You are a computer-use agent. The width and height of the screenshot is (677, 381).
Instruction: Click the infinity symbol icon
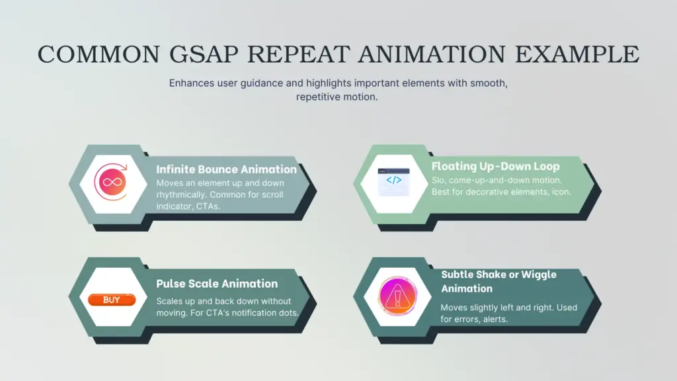click(110, 181)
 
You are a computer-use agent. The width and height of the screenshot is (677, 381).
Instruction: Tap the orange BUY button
click(111, 300)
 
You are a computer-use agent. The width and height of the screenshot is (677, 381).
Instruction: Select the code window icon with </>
click(393, 181)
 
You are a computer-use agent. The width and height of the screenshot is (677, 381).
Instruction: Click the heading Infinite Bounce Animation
click(226, 169)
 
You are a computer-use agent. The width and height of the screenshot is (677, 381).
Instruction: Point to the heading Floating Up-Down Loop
click(495, 166)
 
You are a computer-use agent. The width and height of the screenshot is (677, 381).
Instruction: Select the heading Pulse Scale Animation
click(217, 284)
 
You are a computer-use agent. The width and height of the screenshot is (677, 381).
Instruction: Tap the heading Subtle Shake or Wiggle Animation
click(498, 281)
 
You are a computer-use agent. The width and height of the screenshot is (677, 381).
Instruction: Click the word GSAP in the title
click(186, 54)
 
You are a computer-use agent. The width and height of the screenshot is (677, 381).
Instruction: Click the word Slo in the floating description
click(438, 181)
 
